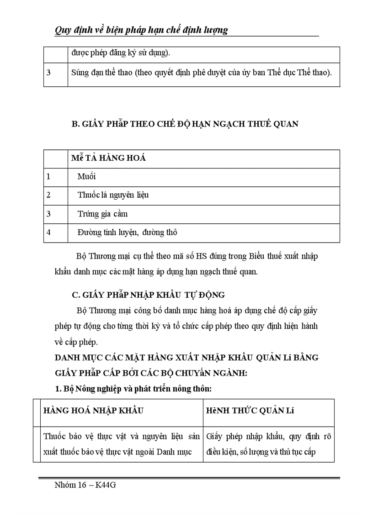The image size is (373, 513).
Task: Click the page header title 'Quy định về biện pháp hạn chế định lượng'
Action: [x=141, y=30]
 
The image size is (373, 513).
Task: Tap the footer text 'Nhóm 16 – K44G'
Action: [x=85, y=486]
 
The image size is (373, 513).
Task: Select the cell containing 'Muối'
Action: [x=86, y=176]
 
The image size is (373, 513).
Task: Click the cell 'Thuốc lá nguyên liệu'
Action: [x=113, y=195]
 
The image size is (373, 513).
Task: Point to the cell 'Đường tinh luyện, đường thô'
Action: [x=127, y=232]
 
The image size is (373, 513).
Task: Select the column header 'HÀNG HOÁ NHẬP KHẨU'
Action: [x=93, y=410]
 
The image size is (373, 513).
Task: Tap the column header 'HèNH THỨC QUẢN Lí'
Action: [x=250, y=410]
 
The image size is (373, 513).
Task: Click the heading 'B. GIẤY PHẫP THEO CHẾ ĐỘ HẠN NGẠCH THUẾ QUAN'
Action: [x=185, y=124]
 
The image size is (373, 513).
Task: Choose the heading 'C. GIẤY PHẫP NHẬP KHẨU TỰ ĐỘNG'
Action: [x=149, y=295]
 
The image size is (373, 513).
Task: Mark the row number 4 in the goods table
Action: [x=48, y=232]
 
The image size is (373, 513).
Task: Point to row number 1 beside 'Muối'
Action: [x=48, y=176]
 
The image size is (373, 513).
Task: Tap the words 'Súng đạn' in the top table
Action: [x=85, y=72]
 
